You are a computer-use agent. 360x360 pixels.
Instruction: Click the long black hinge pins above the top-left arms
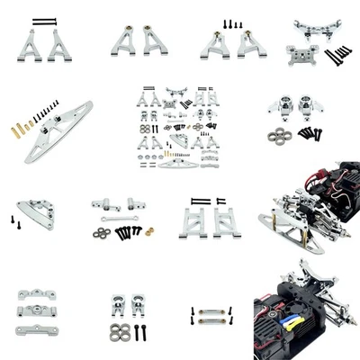coord(44,21)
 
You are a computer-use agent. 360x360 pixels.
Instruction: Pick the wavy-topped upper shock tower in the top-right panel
coord(311,27)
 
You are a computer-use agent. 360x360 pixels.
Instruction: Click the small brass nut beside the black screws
coord(148,231)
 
